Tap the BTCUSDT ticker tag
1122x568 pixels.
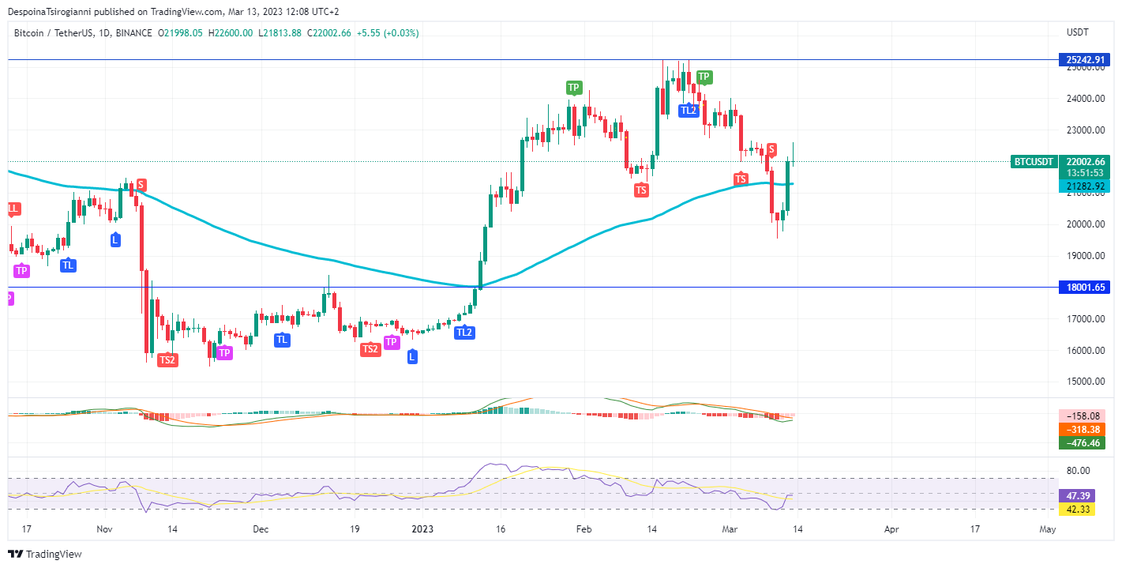coord(1033,161)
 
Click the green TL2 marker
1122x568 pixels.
coord(689,110)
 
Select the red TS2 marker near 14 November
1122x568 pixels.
coord(167,359)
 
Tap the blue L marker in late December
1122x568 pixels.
coord(412,357)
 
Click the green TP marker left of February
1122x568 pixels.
coord(573,88)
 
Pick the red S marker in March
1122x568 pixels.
coord(771,149)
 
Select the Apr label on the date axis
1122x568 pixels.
coord(891,529)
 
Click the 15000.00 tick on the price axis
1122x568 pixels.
coord(1083,382)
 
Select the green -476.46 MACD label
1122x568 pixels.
coord(1081,443)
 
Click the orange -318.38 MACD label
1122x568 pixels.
coord(1081,430)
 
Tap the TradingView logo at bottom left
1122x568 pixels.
coord(45,555)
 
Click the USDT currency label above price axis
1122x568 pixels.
coord(1077,32)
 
